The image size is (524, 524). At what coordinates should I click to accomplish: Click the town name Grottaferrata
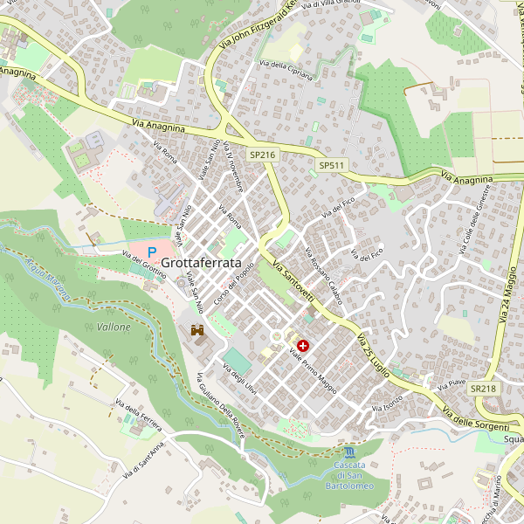pos(202,261)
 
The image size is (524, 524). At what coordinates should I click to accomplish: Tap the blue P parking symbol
pos(152,252)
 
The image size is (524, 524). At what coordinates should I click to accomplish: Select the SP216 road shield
pos(262,155)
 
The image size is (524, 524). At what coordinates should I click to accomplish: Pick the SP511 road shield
pos(332,165)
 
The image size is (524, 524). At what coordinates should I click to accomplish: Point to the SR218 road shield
pos(482,388)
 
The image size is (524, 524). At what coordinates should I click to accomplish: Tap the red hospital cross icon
pos(303,346)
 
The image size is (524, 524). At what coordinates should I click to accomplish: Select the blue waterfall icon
pos(350,452)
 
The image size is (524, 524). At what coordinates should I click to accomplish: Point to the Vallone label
pos(114,327)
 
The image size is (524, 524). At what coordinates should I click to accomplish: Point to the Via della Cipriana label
pos(286,71)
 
